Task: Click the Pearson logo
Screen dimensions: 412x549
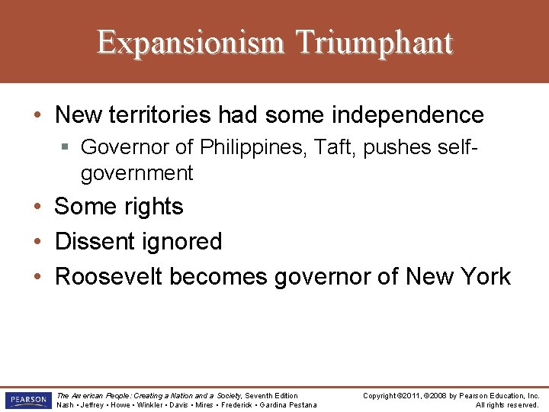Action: (x=27, y=400)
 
